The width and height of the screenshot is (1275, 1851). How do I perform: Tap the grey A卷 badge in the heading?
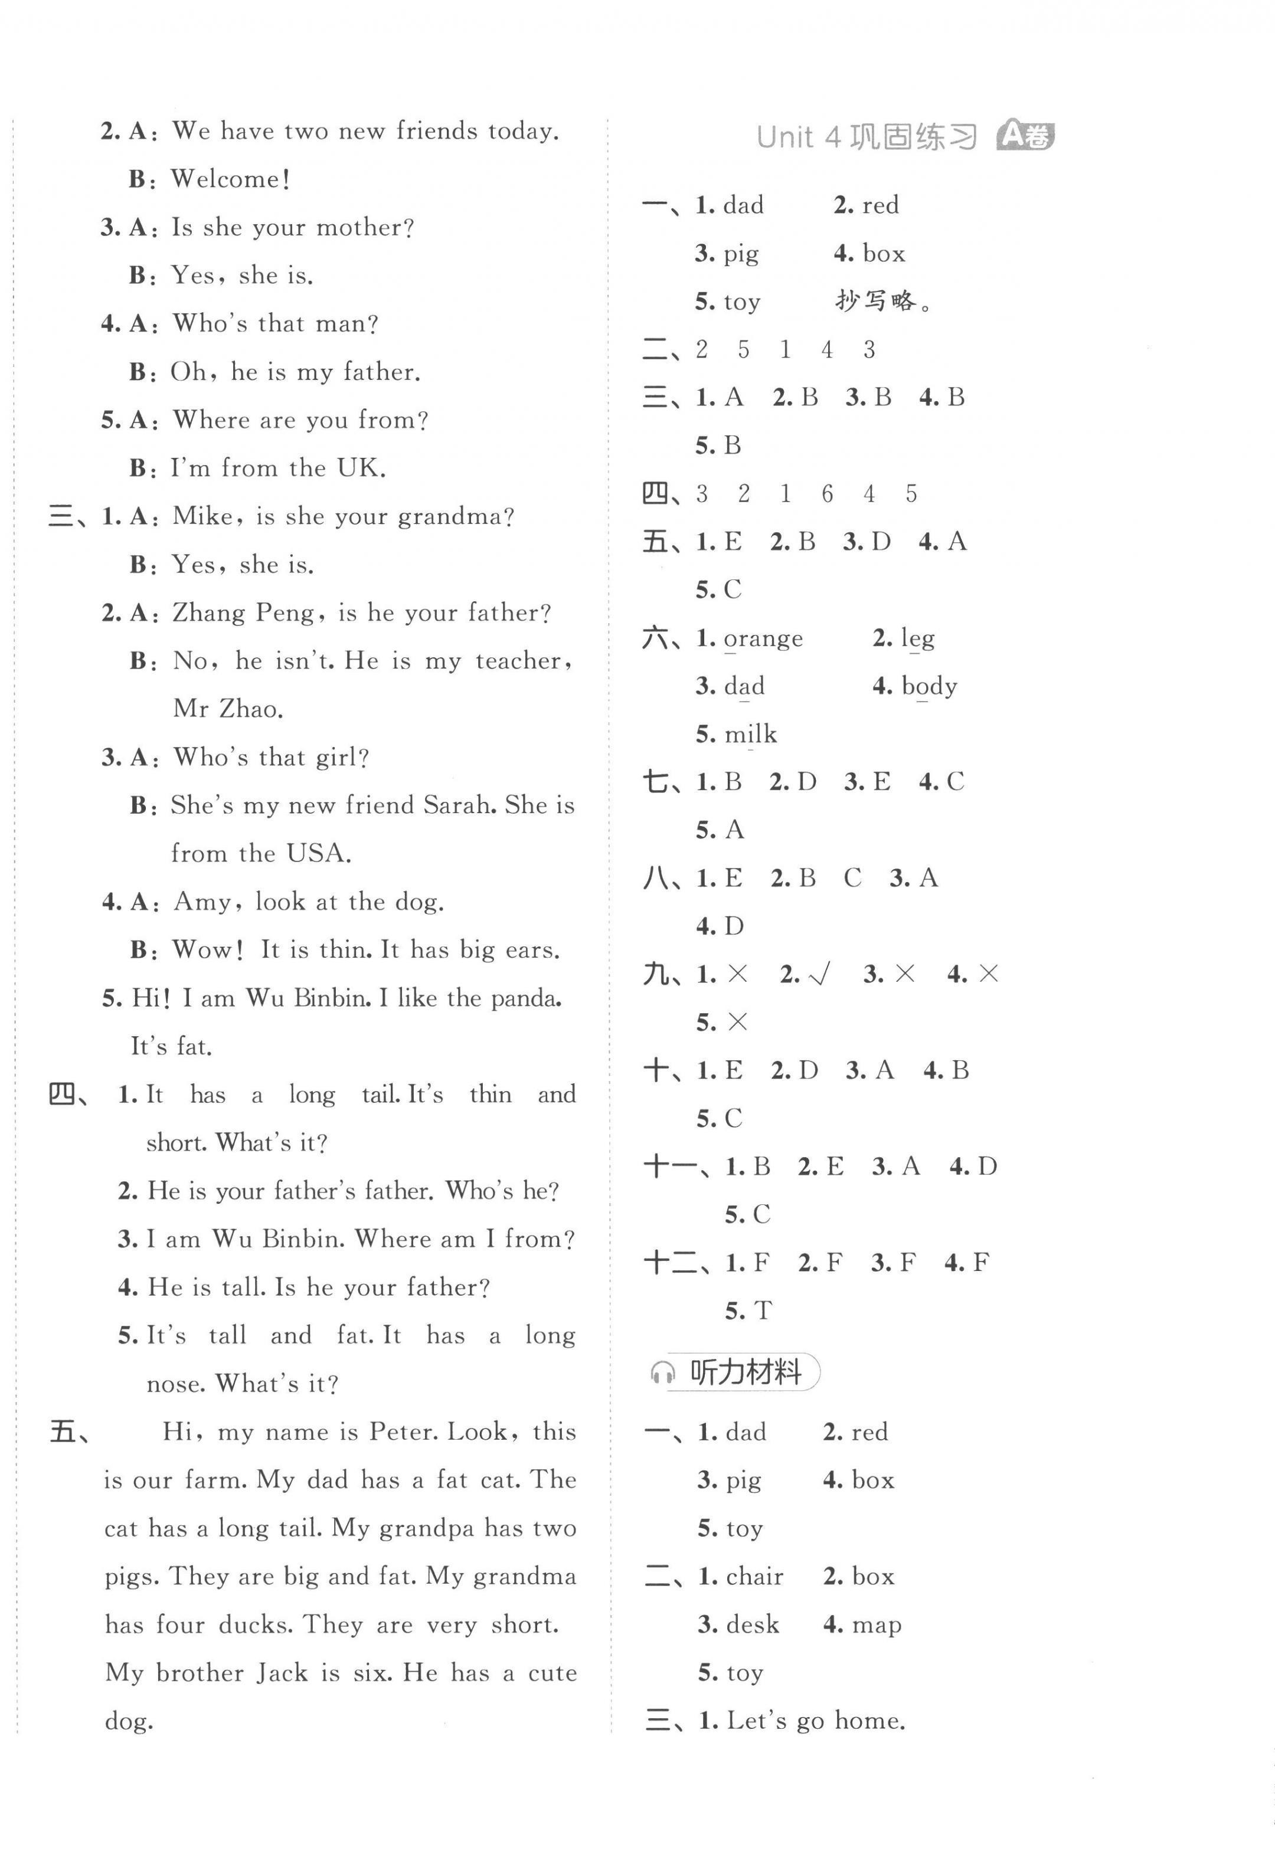pyautogui.click(x=1026, y=136)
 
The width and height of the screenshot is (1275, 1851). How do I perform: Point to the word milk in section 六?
pyautogui.click(x=750, y=735)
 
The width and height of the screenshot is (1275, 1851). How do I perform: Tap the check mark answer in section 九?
pyautogui.click(x=820, y=974)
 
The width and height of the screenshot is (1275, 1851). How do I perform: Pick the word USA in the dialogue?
pyautogui.click(x=318, y=854)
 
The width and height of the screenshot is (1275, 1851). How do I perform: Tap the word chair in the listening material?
pyautogui.click(x=754, y=1576)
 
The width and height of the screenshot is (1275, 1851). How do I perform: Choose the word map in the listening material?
pyautogui.click(x=877, y=1625)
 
